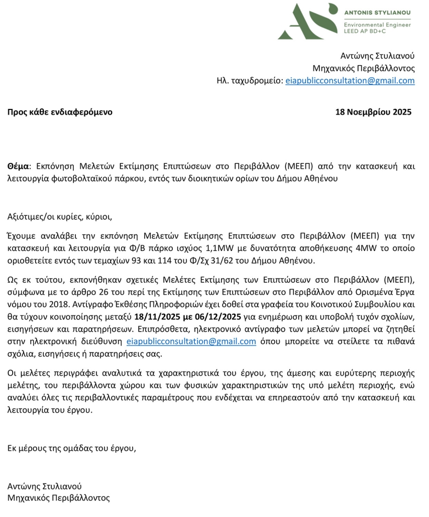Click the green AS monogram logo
[306, 21]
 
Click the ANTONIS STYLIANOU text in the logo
[377, 12]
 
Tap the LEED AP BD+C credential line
[365, 31]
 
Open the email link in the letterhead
[350, 81]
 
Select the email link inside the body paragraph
[191, 341]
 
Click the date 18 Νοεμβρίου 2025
[373, 112]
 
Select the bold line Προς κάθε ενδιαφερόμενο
[60, 112]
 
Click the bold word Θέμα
[19, 166]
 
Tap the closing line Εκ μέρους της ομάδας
[71, 448]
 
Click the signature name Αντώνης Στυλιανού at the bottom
[45, 486]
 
